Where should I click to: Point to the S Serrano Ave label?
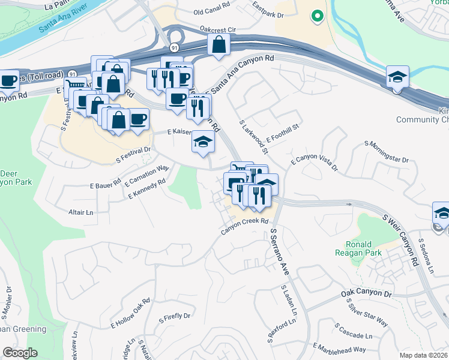click(280, 251)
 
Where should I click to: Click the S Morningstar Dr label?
click(386, 152)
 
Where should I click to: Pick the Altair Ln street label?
click(82, 212)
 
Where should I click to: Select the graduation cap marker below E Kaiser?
click(203, 143)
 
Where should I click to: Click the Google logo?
click(20, 352)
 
